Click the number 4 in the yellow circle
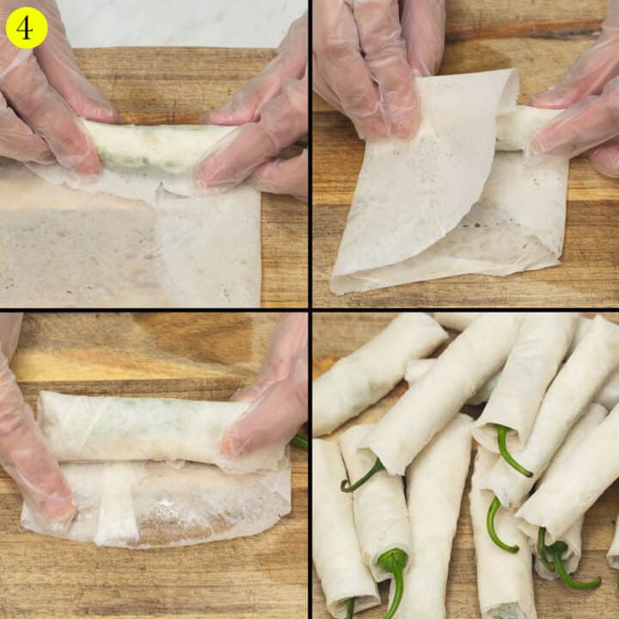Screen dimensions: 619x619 [26, 28]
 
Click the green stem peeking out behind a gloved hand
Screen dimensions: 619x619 [298, 442]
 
